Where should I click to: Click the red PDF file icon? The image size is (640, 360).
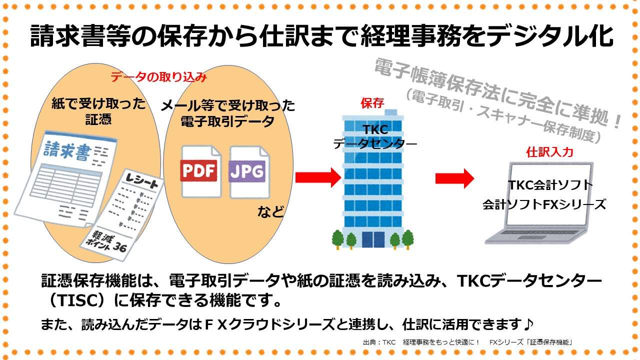tap(199, 171)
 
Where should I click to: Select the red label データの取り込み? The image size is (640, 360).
tap(158, 77)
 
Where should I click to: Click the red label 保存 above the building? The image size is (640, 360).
tap(372, 103)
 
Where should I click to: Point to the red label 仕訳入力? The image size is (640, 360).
tap(549, 152)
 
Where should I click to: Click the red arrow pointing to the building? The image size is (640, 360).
tap(317, 177)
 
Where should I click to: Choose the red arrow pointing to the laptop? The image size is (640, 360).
tap(454, 178)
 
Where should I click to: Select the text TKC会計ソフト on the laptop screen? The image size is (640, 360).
tap(550, 185)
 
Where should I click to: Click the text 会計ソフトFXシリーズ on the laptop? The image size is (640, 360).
tap(544, 204)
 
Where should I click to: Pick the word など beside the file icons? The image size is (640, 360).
tap(270, 212)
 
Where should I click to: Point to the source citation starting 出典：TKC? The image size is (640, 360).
tap(467, 342)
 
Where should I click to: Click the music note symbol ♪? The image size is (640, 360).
tap(528, 324)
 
